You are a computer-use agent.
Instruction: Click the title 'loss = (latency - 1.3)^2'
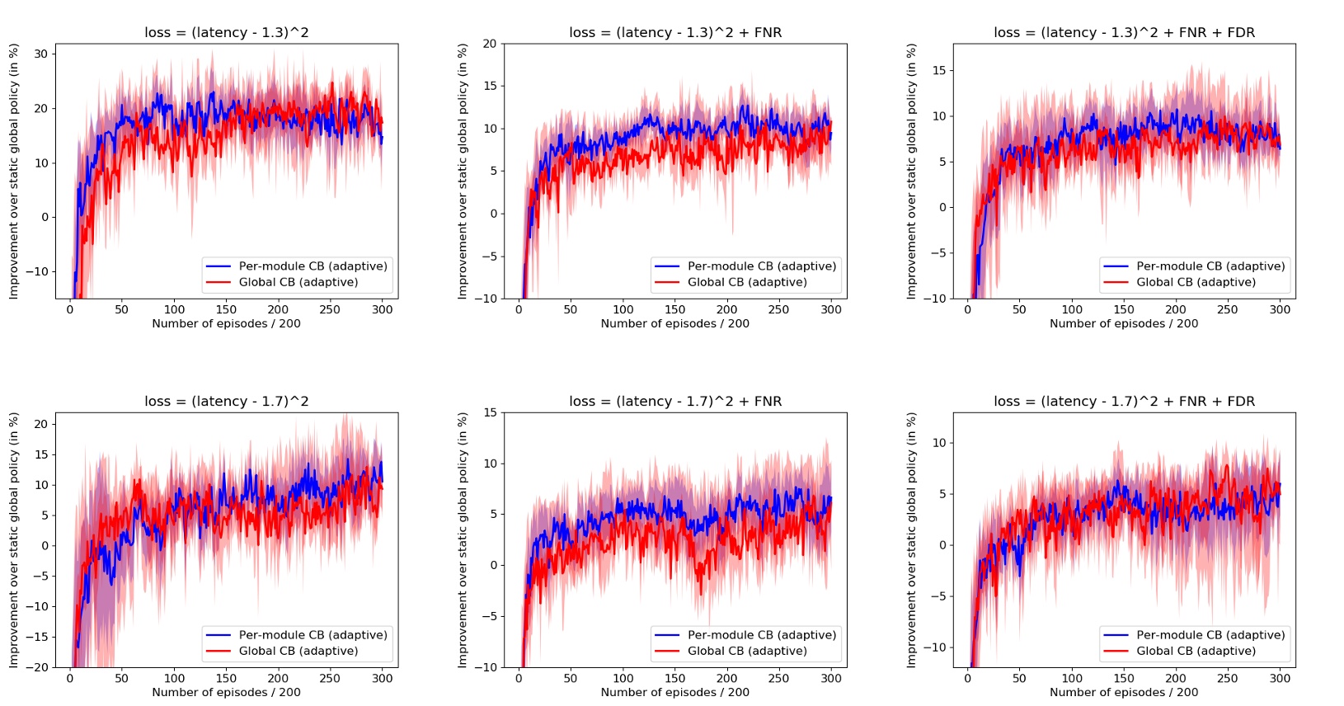[x=227, y=33]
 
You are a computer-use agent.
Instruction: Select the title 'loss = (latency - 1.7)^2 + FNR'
[x=675, y=402]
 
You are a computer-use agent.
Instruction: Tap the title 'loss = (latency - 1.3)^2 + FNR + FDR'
[x=1124, y=33]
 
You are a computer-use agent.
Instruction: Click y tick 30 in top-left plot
[x=40, y=54]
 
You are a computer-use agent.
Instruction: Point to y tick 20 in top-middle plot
[x=490, y=44]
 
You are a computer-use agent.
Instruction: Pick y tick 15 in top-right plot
[x=939, y=70]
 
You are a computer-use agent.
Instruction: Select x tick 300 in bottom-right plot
[x=1280, y=678]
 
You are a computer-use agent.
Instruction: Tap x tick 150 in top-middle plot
[x=674, y=309]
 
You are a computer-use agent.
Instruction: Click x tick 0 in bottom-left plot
[x=70, y=678]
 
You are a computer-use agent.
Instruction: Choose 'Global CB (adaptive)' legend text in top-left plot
[x=298, y=282]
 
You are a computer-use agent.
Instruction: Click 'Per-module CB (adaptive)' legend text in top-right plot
[x=1210, y=266]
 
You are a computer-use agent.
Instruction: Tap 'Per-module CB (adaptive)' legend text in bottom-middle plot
[x=762, y=635]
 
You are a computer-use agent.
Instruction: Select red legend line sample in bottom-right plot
[x=1116, y=651]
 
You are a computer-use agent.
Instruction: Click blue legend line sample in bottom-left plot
[x=219, y=635]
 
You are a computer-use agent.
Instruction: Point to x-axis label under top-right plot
[x=1124, y=323]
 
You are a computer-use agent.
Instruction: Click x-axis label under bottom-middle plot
[x=675, y=692]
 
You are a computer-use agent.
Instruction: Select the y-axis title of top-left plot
[x=14, y=172]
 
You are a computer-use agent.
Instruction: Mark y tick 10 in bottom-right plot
[x=939, y=443]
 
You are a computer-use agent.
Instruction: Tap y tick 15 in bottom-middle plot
[x=490, y=412]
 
